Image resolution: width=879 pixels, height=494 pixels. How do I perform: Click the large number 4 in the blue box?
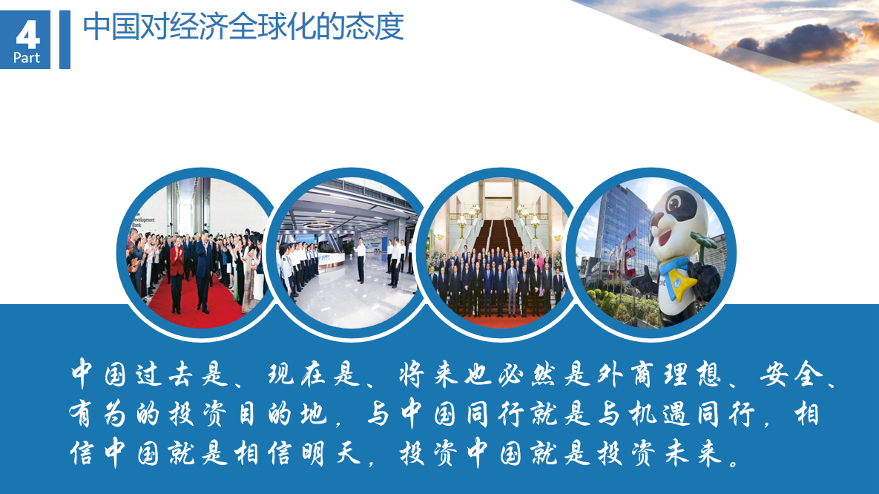click(x=27, y=35)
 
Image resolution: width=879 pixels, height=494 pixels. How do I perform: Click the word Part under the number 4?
click(x=27, y=58)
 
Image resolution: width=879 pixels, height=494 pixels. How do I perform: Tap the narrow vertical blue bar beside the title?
click(x=65, y=39)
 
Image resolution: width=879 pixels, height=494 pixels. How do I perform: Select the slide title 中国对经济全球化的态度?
click(x=243, y=27)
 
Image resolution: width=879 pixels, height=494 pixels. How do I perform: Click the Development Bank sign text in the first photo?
click(x=143, y=220)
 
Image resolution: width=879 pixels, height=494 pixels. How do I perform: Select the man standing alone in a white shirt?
click(x=361, y=260)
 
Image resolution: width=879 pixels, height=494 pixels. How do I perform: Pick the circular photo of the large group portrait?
click(x=499, y=254)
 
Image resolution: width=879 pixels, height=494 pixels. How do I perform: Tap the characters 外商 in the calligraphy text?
click(x=622, y=373)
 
